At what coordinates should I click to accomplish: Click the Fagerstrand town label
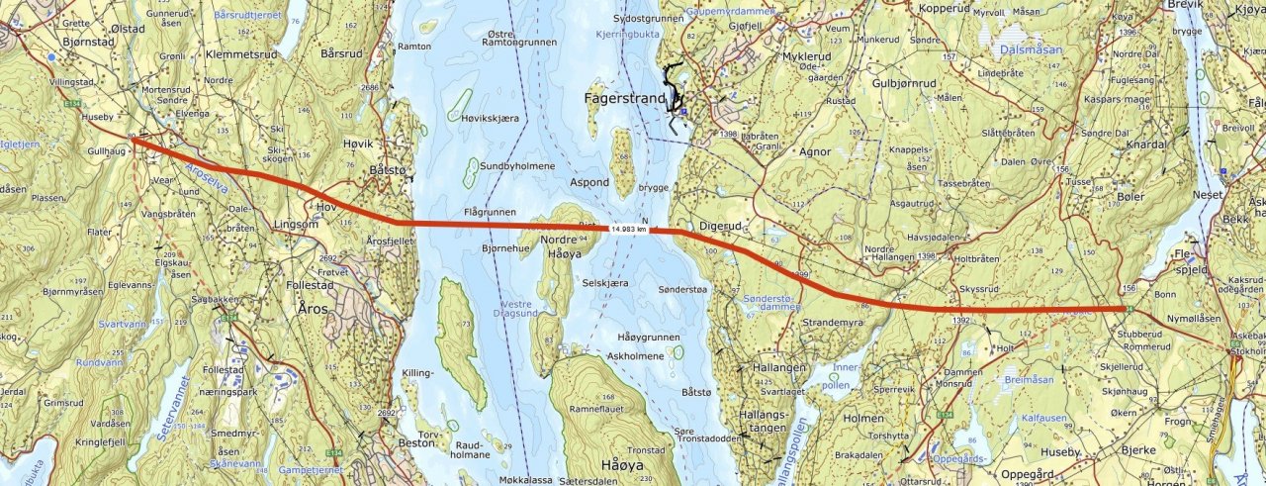pos(626,99)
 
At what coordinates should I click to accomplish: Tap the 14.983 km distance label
pos(629,229)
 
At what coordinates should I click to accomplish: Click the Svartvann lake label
pos(122,324)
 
